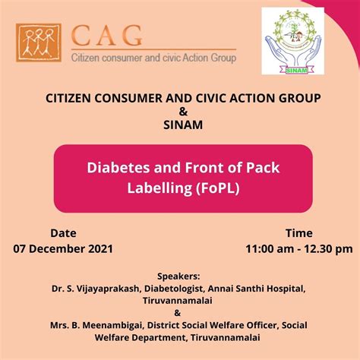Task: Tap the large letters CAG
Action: pyautogui.click(x=106, y=35)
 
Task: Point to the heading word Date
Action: pyautogui.click(x=63, y=232)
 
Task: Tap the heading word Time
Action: pyautogui.click(x=298, y=232)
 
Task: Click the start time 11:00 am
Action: pyautogui.click(x=271, y=248)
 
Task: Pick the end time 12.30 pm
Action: pyautogui.click(x=330, y=248)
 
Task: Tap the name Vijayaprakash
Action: pyautogui.click(x=102, y=288)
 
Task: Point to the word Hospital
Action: pyautogui.click(x=285, y=288)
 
